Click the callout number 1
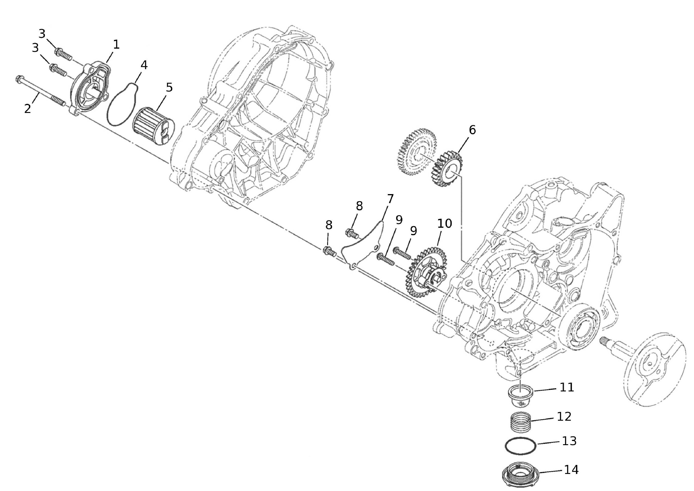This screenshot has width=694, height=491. [x=116, y=45]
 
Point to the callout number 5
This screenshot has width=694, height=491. [x=169, y=87]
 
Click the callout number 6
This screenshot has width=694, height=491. [x=472, y=130]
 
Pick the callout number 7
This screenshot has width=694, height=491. [x=390, y=199]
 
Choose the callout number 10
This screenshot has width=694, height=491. [x=445, y=223]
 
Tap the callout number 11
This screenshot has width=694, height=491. [x=567, y=387]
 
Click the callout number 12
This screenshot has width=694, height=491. [x=564, y=417]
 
